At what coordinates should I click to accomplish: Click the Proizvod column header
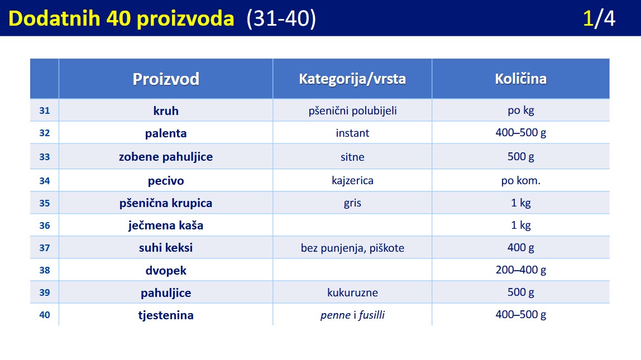click(166, 79)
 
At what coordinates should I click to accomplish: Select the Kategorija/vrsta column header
click(352, 79)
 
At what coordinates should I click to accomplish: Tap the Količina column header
click(520, 79)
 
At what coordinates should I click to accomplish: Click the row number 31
click(45, 111)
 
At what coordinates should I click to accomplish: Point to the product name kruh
click(166, 111)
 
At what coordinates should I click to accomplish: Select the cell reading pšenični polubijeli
click(352, 111)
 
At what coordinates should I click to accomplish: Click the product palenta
click(166, 133)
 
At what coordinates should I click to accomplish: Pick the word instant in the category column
click(352, 133)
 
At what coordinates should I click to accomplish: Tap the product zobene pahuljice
click(166, 157)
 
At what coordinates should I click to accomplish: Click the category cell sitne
click(352, 157)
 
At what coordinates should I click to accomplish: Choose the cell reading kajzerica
click(352, 181)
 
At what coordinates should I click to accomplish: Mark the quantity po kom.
click(521, 181)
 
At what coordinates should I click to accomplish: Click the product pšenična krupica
click(166, 203)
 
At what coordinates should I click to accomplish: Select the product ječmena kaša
click(166, 225)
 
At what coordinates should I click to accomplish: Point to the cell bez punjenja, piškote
click(352, 248)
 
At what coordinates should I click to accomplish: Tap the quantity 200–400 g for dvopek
click(521, 270)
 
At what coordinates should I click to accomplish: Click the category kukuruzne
click(352, 292)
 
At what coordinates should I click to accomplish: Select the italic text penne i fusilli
click(352, 315)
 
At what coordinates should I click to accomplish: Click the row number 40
click(45, 315)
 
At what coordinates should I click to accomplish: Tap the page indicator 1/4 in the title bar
click(599, 18)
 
